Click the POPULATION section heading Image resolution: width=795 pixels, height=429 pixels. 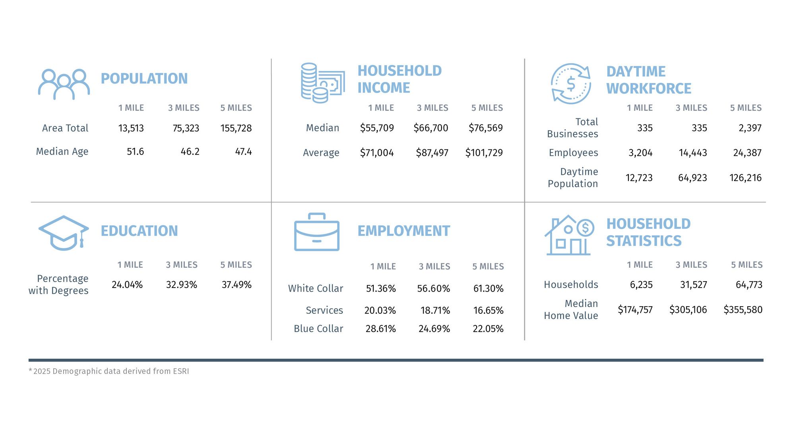144,79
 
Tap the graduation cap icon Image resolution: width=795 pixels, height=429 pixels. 63,233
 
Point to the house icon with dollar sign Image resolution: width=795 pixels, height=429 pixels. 569,235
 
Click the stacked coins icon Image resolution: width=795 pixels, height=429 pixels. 322,83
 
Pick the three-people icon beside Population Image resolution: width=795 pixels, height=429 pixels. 64,84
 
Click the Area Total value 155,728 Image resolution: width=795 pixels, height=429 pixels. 236,128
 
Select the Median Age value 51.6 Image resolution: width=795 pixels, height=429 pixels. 135,152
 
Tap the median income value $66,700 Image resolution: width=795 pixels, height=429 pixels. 430,128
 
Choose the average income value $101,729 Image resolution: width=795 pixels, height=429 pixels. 484,153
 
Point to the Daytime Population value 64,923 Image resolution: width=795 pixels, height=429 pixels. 692,178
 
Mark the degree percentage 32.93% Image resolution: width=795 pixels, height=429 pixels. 181,285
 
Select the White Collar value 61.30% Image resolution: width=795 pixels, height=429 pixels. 488,288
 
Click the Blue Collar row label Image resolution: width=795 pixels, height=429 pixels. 318,329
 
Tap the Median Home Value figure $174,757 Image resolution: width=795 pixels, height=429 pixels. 635,309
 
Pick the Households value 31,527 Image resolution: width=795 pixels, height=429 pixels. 693,284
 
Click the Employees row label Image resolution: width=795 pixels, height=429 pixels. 573,153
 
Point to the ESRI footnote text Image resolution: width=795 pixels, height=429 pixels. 109,371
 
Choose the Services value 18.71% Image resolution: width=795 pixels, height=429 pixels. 435,310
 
